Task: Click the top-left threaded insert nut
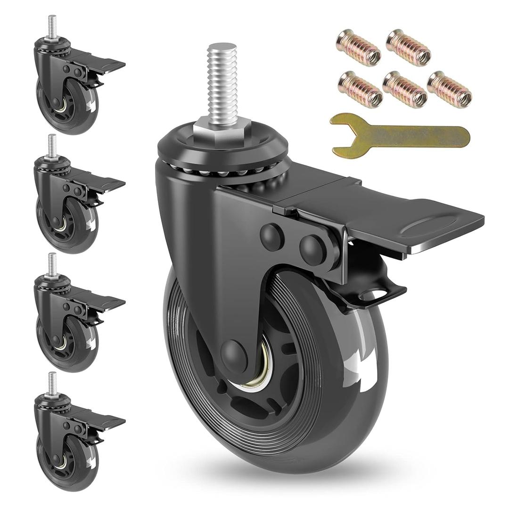pos(359,47)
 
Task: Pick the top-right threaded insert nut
pos(408,47)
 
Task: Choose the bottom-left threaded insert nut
pos(360,90)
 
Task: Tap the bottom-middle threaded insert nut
pos(405,90)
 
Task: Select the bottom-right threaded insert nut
pos(449,90)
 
